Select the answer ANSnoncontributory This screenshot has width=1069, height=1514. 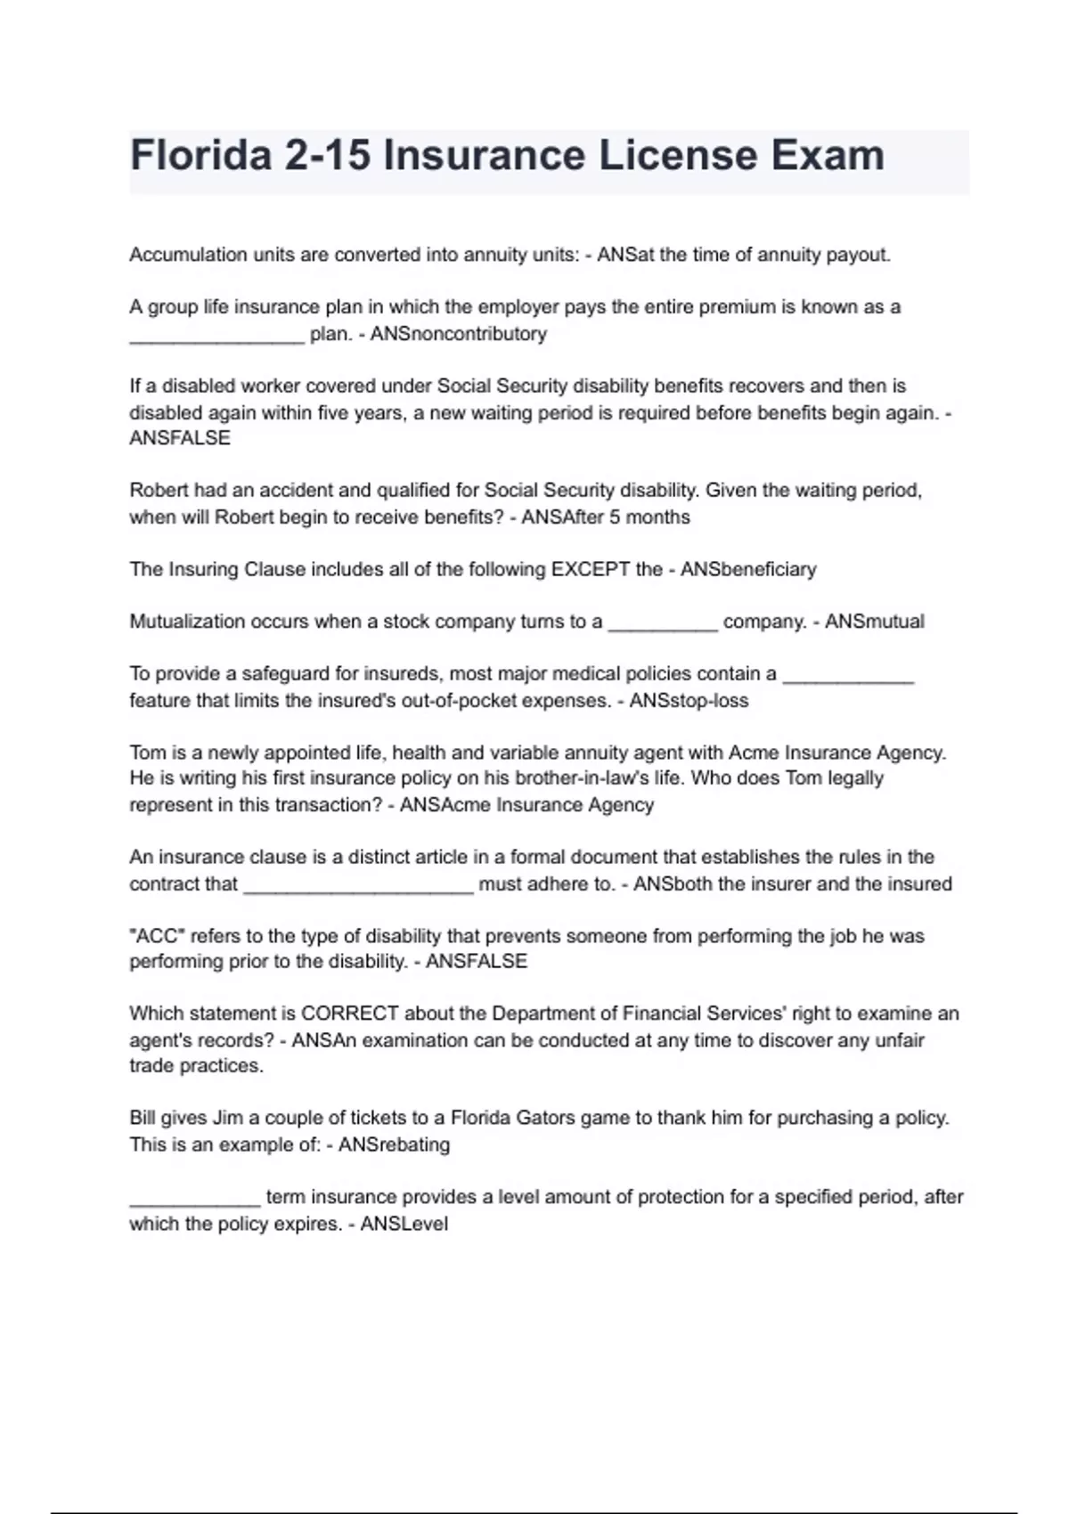[458, 334]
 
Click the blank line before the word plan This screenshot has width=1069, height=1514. [216, 336]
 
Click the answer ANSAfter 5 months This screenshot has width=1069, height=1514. [605, 517]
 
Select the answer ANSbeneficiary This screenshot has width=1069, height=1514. [748, 570]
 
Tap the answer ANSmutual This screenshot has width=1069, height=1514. [874, 622]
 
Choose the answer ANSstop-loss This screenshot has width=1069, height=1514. [689, 701]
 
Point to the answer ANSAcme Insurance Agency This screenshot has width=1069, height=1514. [526, 805]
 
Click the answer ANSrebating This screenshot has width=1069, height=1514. [394, 1144]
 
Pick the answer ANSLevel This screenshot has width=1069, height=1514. [404, 1224]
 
